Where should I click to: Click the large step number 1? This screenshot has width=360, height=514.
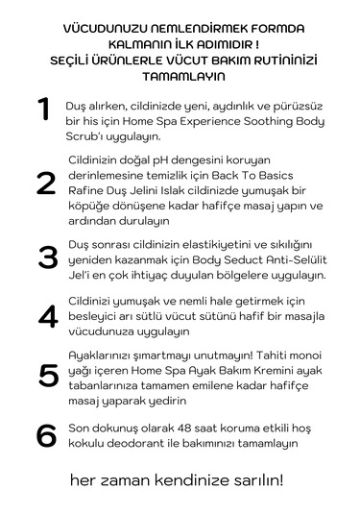(x=43, y=110)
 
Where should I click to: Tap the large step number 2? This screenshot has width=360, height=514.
(x=45, y=183)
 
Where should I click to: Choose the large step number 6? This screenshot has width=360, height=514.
(x=46, y=435)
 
